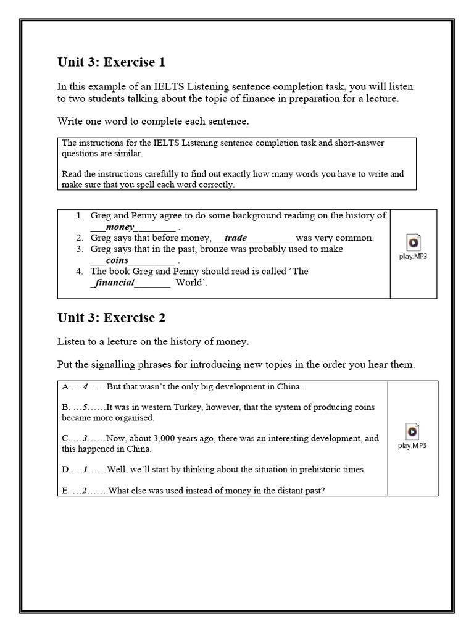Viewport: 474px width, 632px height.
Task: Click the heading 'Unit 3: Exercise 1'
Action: click(x=111, y=62)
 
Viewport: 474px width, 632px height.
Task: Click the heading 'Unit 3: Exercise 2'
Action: click(x=111, y=318)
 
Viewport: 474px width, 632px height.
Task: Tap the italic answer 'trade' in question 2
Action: click(x=235, y=238)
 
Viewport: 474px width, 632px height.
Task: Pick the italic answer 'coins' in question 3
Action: click(x=117, y=260)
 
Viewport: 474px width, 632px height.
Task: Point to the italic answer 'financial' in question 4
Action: click(x=113, y=283)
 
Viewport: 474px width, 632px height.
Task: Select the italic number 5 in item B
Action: click(x=86, y=407)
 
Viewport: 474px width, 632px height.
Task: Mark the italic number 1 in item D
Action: click(x=86, y=469)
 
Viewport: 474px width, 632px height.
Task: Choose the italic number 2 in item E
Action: click(x=87, y=491)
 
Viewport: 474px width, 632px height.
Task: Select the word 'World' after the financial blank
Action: click(x=188, y=283)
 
